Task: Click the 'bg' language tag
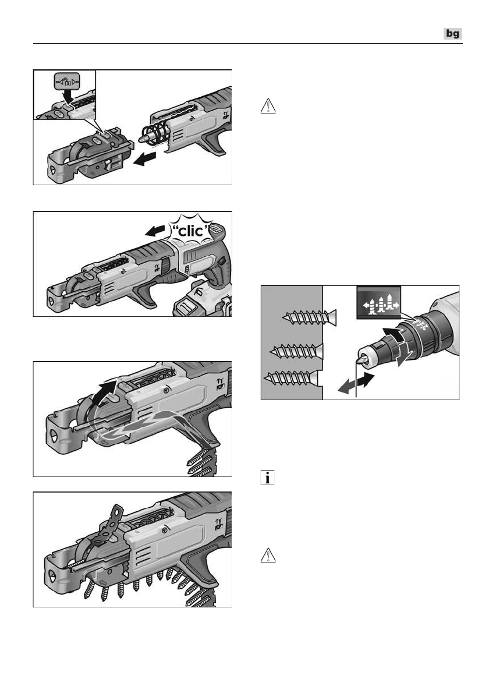(452, 34)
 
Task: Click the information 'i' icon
(268, 478)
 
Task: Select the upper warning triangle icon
(268, 107)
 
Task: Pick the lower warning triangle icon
(268, 556)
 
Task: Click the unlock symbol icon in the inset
(68, 82)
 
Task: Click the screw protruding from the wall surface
(309, 317)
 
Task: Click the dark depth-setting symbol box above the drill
(378, 303)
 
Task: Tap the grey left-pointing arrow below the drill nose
(346, 386)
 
